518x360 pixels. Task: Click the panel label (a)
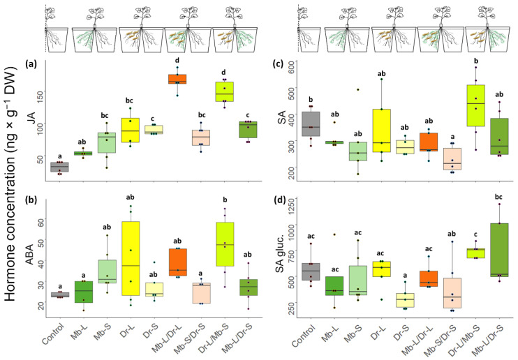pos(31,64)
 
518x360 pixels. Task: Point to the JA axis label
pos(31,124)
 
